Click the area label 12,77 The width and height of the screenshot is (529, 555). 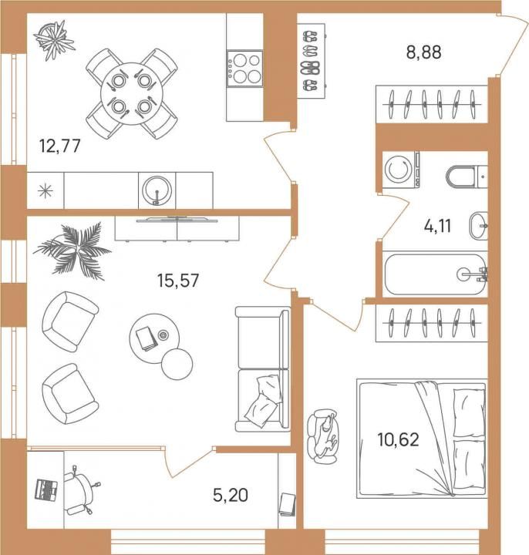coord(60,146)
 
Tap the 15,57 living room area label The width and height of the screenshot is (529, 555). coord(178,281)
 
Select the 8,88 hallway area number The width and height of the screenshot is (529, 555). coord(424,52)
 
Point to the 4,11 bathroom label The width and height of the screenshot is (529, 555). coord(438,226)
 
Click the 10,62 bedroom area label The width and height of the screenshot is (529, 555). coord(399,439)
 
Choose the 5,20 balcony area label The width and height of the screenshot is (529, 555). coord(231,494)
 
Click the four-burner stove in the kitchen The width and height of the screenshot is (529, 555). coord(245,69)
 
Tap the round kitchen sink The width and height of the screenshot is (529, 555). coord(157,191)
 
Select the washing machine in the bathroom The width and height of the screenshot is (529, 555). coord(401,170)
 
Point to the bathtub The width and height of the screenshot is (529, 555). coord(435,274)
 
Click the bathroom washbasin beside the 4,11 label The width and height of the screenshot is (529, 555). coord(478,226)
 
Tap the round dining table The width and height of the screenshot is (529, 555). coord(132,94)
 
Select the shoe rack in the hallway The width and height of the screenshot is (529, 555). coord(311,61)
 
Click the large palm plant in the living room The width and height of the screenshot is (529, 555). coord(72,251)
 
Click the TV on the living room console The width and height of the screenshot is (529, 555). coord(177,220)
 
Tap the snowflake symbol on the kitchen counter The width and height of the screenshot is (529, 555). coord(45,191)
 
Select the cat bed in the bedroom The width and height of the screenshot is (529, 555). coord(322,436)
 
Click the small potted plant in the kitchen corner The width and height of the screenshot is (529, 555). coord(54,40)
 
